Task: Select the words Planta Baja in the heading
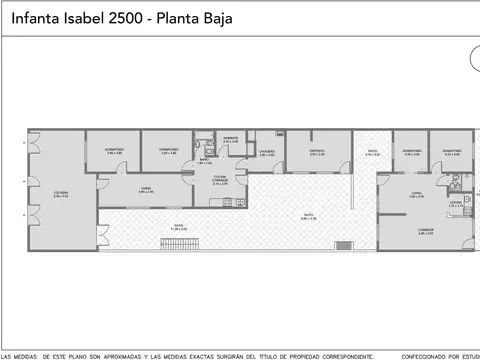[x=204, y=18]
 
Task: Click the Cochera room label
[x=60, y=194]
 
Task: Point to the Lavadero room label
[x=266, y=152]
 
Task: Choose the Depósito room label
[x=318, y=152]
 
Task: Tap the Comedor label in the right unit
[x=426, y=231]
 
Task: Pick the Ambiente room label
[x=230, y=140]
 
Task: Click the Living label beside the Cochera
[x=145, y=189]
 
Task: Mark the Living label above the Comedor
[x=417, y=194]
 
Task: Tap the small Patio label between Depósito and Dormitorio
[x=372, y=152]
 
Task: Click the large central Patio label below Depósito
[x=309, y=216]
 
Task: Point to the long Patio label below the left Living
[x=178, y=226]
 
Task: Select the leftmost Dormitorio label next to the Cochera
[x=114, y=151]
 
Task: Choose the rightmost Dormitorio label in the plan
[x=450, y=152]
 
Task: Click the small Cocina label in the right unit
[x=455, y=203]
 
